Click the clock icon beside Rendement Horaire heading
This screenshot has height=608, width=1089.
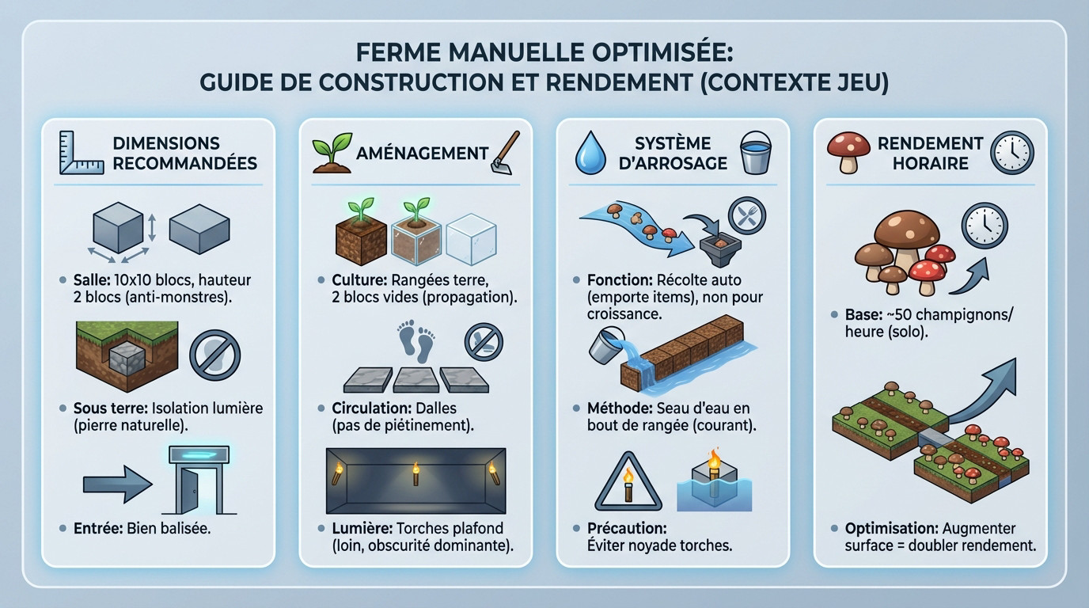pos(1012,152)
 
